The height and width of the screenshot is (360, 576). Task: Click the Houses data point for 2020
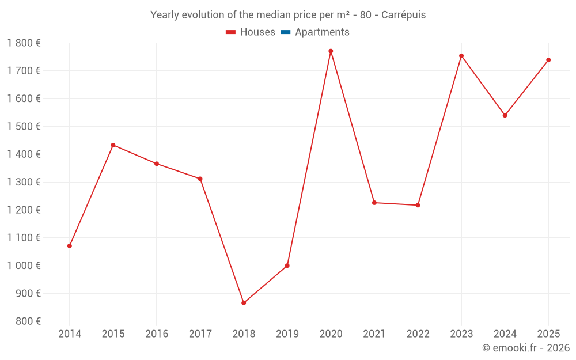[x=331, y=51]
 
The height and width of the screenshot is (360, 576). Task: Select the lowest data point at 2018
[x=244, y=303]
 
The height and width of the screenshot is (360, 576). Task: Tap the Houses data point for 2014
[x=70, y=246]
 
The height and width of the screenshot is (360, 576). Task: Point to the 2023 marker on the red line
[x=461, y=56]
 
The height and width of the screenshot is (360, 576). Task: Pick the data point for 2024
[x=505, y=115]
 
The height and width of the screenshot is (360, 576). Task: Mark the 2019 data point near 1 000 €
[x=287, y=266]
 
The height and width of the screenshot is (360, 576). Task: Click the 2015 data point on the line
[x=113, y=145]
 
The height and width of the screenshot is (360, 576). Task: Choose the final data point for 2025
[x=548, y=60]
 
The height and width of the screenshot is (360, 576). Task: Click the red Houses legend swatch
[x=231, y=32]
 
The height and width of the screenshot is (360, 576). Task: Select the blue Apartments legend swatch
[x=285, y=32]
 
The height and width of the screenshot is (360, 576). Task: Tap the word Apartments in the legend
[x=322, y=32]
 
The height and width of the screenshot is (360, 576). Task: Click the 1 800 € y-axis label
[x=24, y=43]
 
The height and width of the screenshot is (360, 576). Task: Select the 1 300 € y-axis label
[x=24, y=182]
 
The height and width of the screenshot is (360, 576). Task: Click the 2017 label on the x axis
[x=200, y=334]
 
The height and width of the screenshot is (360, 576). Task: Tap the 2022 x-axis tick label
[x=418, y=334]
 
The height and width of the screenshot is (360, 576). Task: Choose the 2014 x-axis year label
[x=70, y=334]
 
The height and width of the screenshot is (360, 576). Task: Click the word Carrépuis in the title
[x=403, y=15]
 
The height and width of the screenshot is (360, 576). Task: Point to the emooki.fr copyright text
[x=525, y=348]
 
